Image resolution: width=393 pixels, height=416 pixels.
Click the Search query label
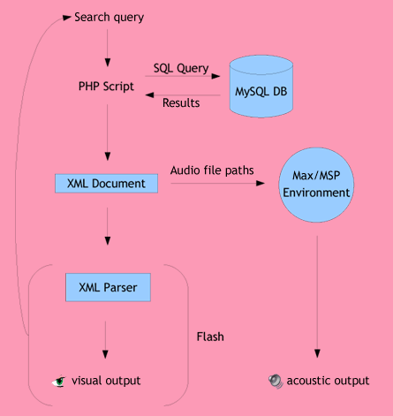click(x=109, y=18)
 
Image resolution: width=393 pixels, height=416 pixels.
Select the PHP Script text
click(x=106, y=87)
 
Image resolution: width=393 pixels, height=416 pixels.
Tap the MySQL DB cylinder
click(x=261, y=87)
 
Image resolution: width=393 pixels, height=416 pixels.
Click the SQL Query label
click(x=181, y=69)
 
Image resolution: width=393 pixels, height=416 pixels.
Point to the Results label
click(x=181, y=102)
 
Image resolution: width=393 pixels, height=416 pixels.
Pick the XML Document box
click(x=106, y=184)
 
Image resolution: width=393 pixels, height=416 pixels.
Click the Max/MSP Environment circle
click(x=316, y=185)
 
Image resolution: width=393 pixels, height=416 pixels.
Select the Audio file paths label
click(x=212, y=170)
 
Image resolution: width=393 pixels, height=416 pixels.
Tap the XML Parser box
click(x=108, y=287)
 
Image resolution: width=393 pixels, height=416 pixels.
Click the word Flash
click(x=210, y=337)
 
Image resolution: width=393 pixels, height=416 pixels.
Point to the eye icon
click(x=59, y=382)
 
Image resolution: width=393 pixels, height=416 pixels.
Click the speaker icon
click(x=276, y=382)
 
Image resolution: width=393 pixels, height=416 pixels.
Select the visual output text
click(x=106, y=381)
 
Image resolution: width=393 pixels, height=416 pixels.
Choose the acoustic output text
click(x=328, y=381)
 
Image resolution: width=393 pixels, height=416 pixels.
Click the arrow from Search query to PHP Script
click(x=108, y=48)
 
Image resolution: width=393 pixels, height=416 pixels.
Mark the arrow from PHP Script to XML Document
click(x=108, y=132)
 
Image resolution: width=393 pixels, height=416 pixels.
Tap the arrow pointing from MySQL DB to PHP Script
click(x=183, y=95)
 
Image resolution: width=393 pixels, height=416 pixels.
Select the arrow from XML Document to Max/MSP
click(x=218, y=184)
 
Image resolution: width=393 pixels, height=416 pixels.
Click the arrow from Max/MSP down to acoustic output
click(x=317, y=297)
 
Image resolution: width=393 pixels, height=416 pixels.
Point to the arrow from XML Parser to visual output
click(x=105, y=340)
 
